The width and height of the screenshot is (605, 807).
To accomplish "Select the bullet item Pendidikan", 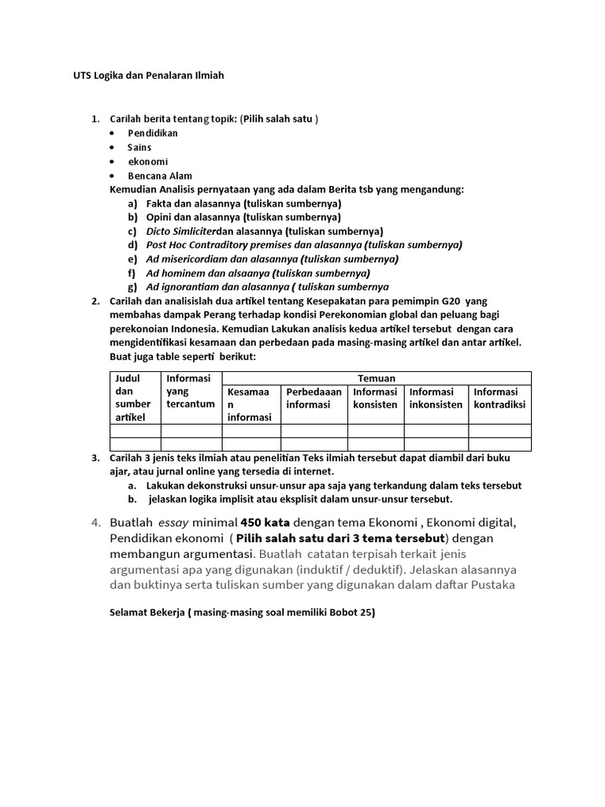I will click(x=153, y=133).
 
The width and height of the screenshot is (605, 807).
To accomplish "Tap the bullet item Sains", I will click(x=139, y=147).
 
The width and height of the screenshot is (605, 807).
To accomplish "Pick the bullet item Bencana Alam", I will click(x=160, y=176).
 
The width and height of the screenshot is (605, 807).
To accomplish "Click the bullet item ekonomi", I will click(x=148, y=162).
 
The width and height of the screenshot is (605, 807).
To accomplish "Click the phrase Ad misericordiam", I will click(x=184, y=259).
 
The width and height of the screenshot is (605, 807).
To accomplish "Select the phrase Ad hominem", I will click(x=172, y=273).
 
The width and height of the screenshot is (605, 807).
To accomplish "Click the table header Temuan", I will click(x=377, y=378).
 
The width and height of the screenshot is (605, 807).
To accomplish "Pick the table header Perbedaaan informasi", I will click(x=314, y=398).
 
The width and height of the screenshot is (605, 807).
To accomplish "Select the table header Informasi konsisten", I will click(x=375, y=398).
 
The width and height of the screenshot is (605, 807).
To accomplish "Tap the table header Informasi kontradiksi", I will click(x=499, y=398).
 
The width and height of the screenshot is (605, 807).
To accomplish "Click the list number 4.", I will click(x=95, y=523).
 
